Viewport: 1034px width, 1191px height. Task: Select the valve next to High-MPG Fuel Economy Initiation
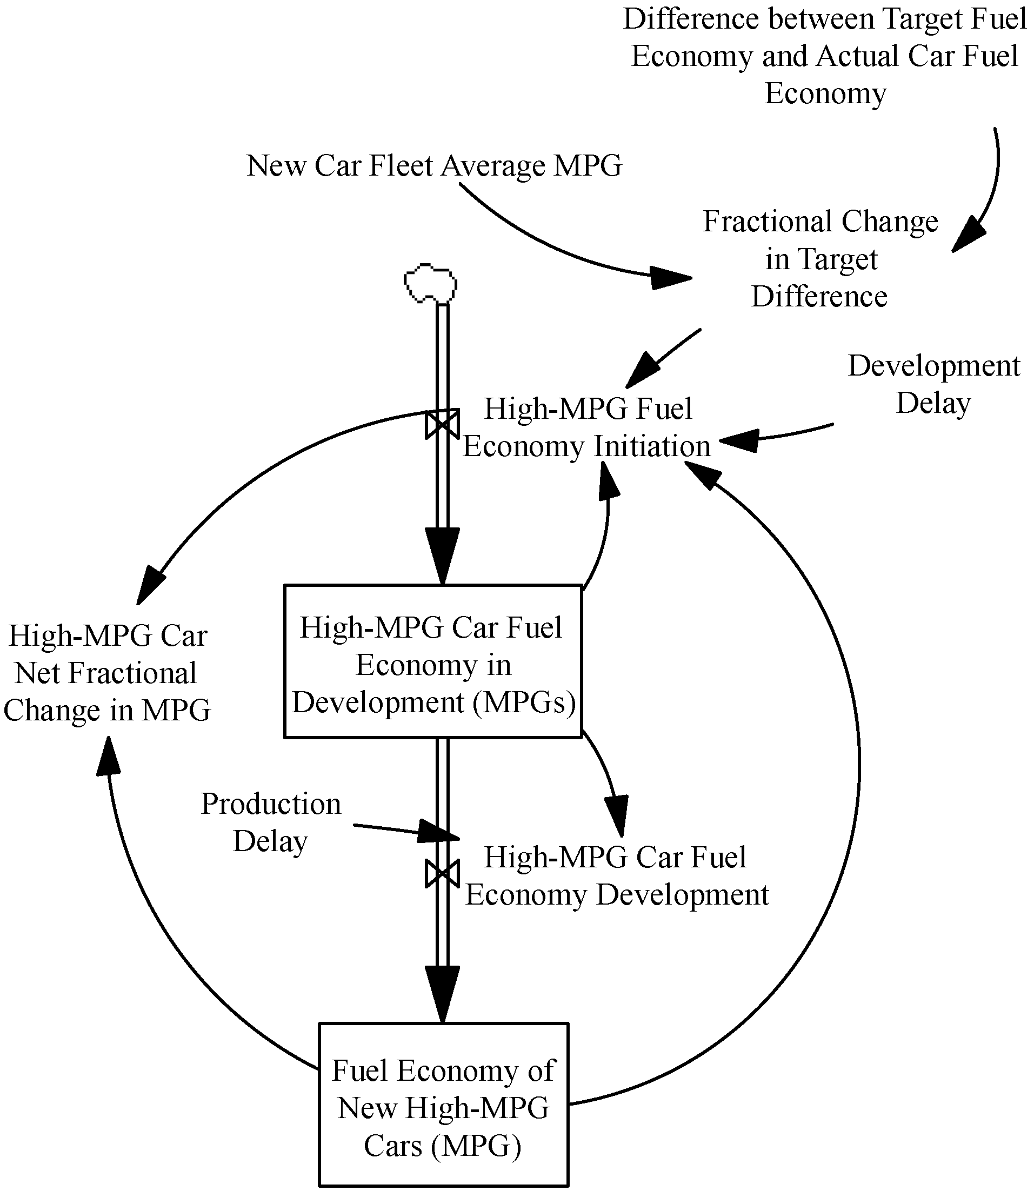pos(442,425)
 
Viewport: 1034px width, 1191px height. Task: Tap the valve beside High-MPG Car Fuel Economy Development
pos(442,874)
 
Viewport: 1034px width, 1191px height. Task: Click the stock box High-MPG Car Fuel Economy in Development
pos(433,661)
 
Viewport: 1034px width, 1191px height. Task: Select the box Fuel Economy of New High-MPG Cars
pos(443,1107)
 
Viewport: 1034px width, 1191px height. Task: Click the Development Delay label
pos(933,384)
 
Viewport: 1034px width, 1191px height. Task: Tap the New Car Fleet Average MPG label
pos(434,166)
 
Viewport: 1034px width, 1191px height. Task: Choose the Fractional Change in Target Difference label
pos(820,259)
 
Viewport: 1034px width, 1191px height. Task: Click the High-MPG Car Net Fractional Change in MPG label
pos(108,673)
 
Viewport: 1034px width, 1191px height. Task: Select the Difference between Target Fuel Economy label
pos(825,56)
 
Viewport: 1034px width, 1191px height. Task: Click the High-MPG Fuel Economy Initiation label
pos(587,427)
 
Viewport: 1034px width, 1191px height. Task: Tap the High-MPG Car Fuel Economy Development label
pos(616,875)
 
